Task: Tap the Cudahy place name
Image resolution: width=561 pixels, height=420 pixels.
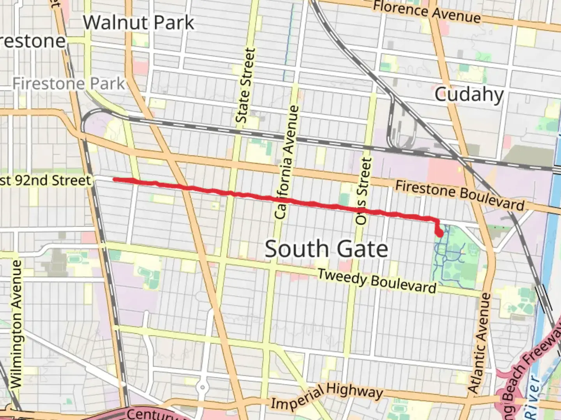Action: click(x=469, y=94)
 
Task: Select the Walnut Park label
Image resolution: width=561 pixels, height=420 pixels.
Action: click(x=138, y=23)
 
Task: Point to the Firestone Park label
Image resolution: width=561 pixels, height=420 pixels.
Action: click(x=69, y=84)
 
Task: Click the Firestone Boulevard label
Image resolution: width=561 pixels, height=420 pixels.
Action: click(x=460, y=195)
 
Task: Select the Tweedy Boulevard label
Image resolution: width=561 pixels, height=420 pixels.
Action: click(x=377, y=281)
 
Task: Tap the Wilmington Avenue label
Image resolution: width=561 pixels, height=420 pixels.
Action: click(x=16, y=324)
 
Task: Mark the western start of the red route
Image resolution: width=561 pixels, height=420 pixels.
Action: click(x=115, y=179)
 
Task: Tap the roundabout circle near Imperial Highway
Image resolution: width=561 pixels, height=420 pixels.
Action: click(x=202, y=387)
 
